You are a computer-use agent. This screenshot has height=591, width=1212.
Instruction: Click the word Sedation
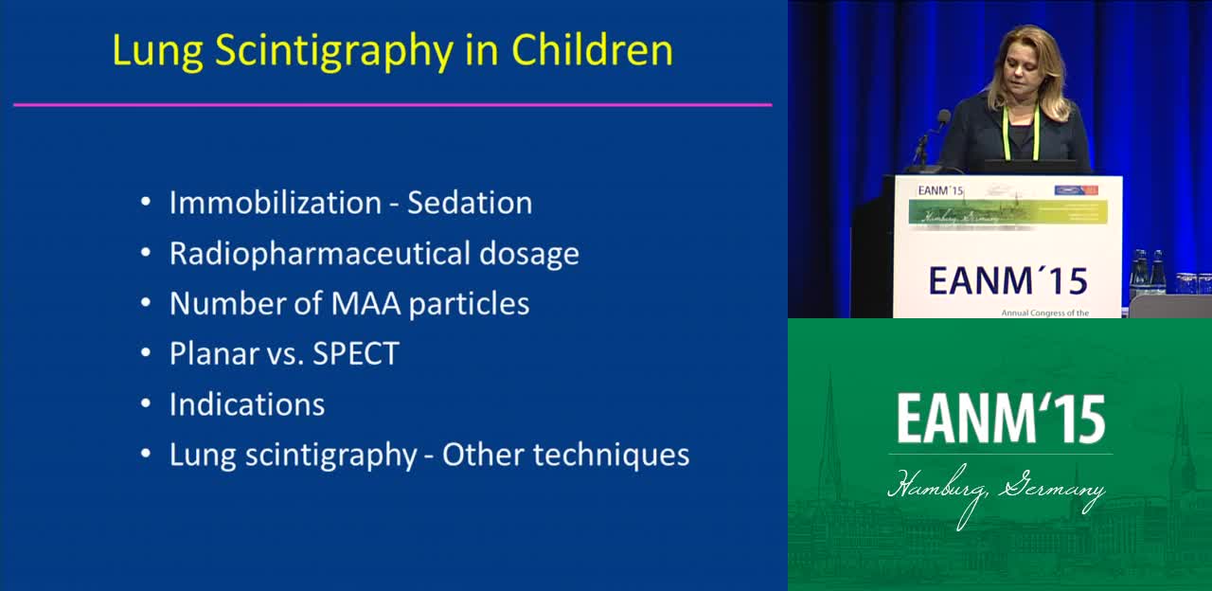[x=470, y=203]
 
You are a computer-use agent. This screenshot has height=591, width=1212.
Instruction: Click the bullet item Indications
[x=247, y=404]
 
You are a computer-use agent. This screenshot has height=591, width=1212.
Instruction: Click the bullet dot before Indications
[x=146, y=404]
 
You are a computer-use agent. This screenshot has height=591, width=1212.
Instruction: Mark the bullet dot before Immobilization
[x=146, y=203]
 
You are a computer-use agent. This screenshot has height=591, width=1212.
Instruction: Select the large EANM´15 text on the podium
[x=1007, y=281]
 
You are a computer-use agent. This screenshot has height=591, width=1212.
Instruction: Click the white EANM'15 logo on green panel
[x=1001, y=419]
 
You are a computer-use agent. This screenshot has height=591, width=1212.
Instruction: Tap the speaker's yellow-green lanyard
[x=1036, y=134]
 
